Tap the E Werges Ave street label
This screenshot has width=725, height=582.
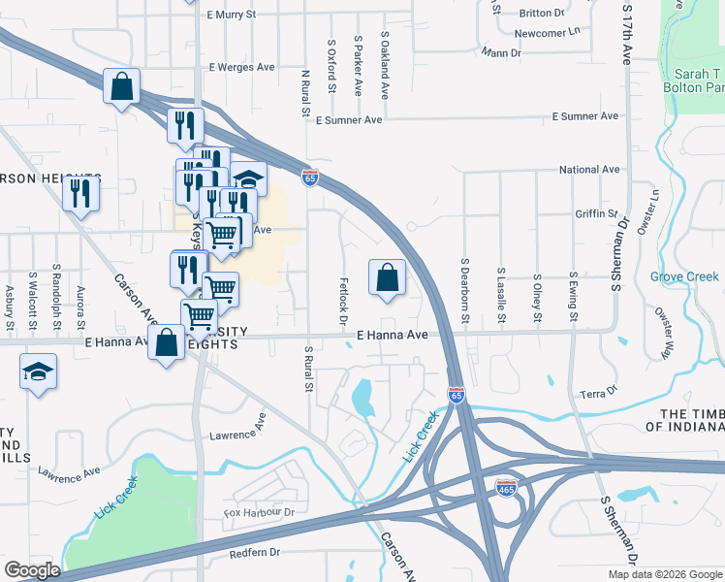pyautogui.click(x=243, y=68)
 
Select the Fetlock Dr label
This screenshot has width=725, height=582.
pyautogui.click(x=343, y=302)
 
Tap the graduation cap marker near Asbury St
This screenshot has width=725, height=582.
pyautogui.click(x=38, y=372)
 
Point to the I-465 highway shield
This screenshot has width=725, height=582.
pyautogui.click(x=505, y=486)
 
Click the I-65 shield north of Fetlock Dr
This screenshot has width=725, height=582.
pyautogui.click(x=310, y=178)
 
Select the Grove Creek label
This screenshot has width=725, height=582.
pyautogui.click(x=684, y=277)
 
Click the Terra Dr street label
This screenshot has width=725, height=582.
pyautogui.click(x=598, y=392)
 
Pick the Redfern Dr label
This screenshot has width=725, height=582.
pyautogui.click(x=254, y=553)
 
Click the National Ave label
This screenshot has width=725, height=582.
pyautogui.click(x=589, y=170)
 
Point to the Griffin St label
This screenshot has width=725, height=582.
pyautogui.click(x=596, y=213)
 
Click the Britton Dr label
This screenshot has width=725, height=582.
pyautogui.click(x=542, y=14)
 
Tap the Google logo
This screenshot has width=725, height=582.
pyautogui.click(x=32, y=569)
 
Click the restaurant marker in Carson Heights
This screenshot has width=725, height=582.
pyautogui.click(x=80, y=193)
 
